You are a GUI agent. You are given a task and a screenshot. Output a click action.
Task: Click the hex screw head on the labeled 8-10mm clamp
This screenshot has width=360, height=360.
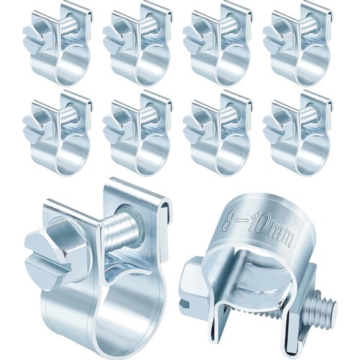click(192, 285)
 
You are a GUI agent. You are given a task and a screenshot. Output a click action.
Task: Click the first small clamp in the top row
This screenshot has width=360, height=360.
click(58, 44)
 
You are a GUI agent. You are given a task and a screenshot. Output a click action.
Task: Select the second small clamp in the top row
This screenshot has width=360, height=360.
click(138, 44)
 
